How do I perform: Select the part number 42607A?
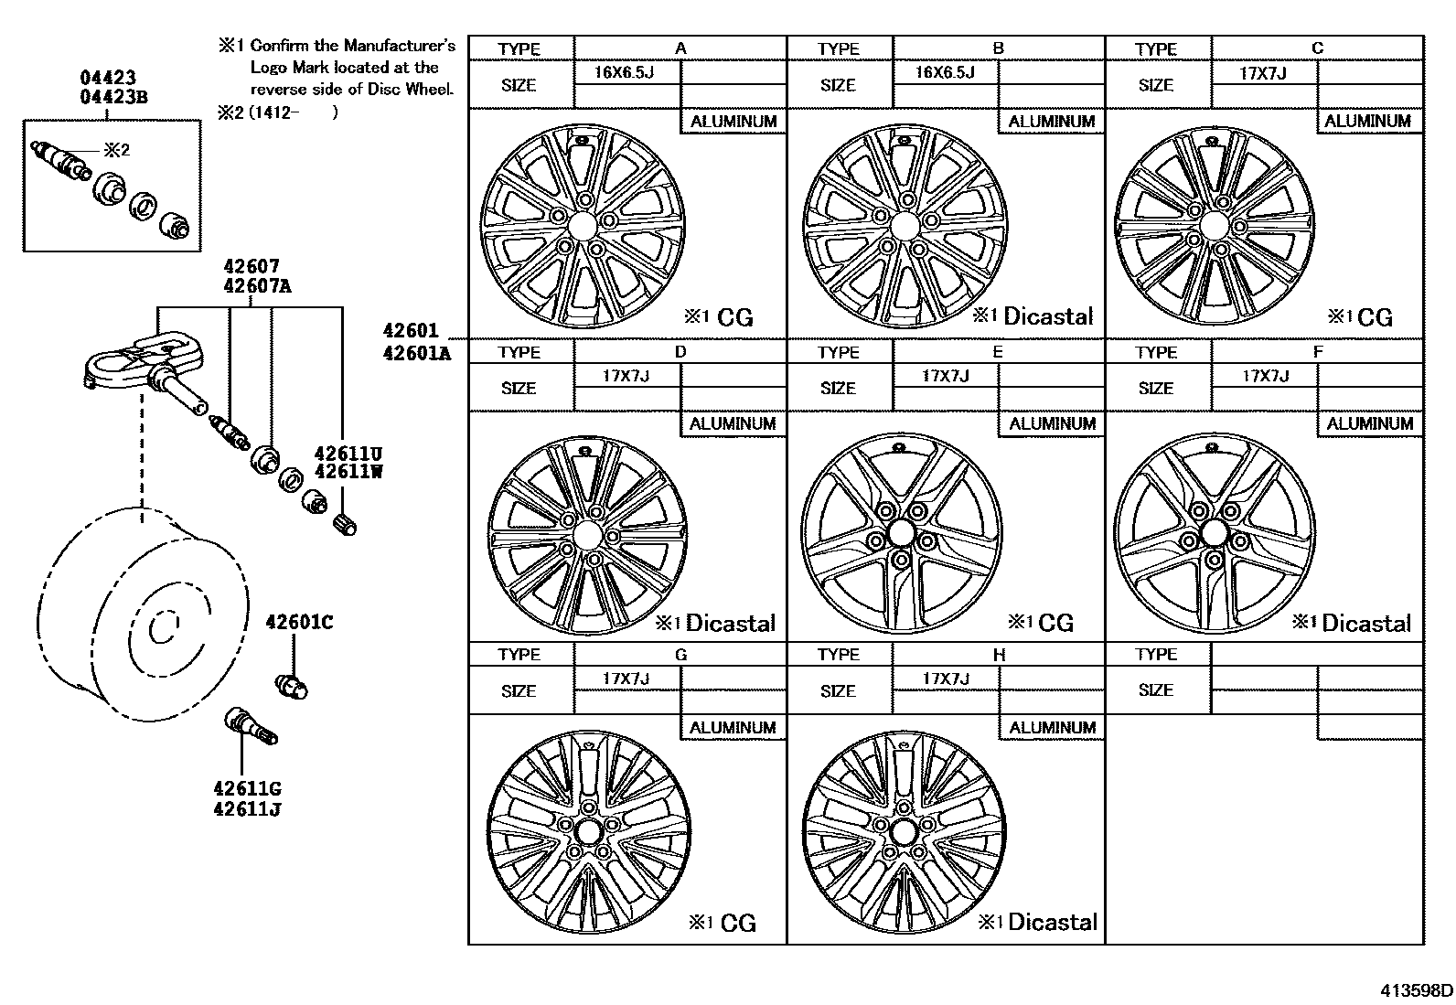click(258, 285)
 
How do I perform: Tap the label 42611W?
click(348, 472)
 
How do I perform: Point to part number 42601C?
click(299, 623)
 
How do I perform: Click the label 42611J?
click(247, 809)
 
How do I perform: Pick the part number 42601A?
click(417, 352)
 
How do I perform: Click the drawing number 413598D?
click(1417, 990)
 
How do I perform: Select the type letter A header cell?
click(680, 48)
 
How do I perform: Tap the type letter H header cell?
click(998, 655)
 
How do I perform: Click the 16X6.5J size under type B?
click(945, 72)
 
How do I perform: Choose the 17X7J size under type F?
click(1265, 376)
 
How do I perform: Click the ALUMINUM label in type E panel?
click(1053, 424)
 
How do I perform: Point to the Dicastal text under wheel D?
click(730, 624)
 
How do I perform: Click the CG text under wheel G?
click(738, 923)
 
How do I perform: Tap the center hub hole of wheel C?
click(1215, 226)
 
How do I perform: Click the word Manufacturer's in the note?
click(400, 45)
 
